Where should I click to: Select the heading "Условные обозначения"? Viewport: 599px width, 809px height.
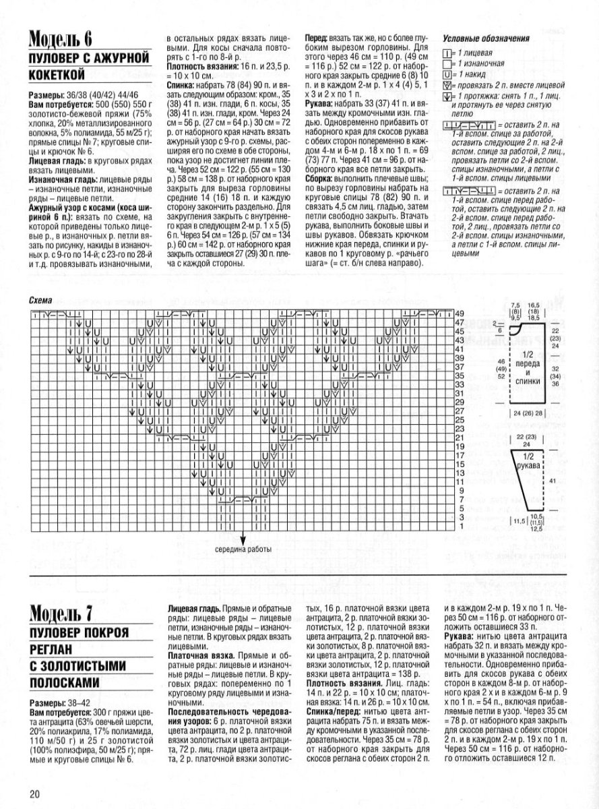point(484,38)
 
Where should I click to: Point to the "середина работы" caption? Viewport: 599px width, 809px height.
point(243,548)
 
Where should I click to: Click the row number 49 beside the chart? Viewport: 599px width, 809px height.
point(460,314)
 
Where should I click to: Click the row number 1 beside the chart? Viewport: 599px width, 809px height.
point(460,526)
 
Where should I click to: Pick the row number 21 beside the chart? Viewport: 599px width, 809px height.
point(460,438)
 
